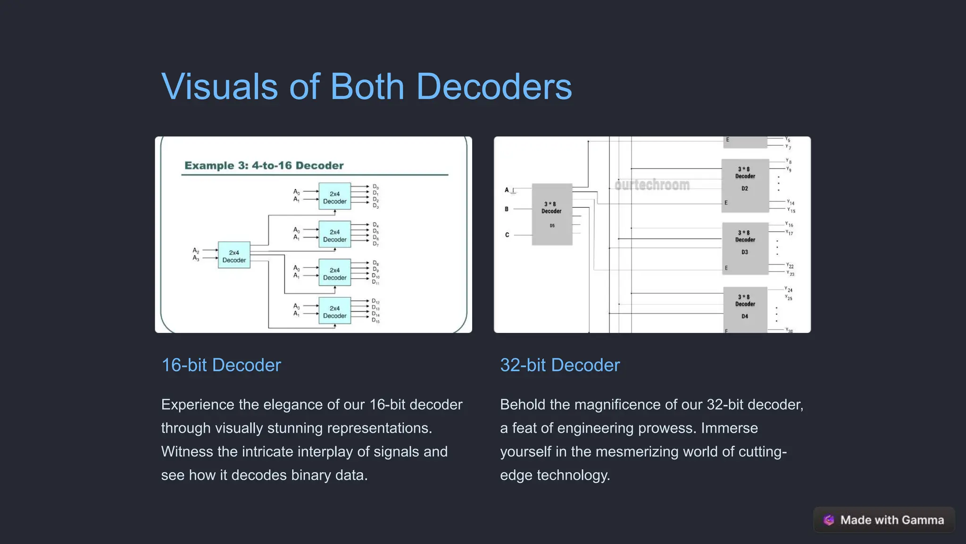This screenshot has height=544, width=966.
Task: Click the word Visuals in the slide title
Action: click(219, 87)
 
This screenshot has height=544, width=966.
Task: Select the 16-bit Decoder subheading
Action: click(221, 365)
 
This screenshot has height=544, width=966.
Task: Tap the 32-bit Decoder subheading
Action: click(559, 365)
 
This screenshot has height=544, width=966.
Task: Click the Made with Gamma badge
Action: click(884, 520)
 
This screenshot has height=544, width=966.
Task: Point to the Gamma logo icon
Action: click(829, 520)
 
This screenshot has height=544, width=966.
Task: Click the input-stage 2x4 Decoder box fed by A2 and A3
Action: click(234, 255)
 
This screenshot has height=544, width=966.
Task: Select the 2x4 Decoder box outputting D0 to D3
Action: click(334, 196)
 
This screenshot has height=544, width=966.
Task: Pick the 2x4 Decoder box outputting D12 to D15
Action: click(334, 311)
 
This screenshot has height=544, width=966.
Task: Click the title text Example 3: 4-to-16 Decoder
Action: click(264, 165)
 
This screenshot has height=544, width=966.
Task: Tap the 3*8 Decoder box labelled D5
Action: click(552, 214)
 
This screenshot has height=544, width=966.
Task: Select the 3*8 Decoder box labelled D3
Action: click(745, 248)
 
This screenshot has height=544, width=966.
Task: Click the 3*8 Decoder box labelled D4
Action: click(745, 310)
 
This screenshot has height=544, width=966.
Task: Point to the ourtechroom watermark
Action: click(652, 185)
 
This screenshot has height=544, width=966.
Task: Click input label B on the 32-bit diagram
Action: click(507, 209)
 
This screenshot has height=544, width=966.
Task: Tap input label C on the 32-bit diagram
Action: click(507, 235)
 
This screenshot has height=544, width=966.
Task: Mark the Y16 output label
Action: click(789, 224)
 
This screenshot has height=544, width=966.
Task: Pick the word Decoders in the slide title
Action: click(493, 87)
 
